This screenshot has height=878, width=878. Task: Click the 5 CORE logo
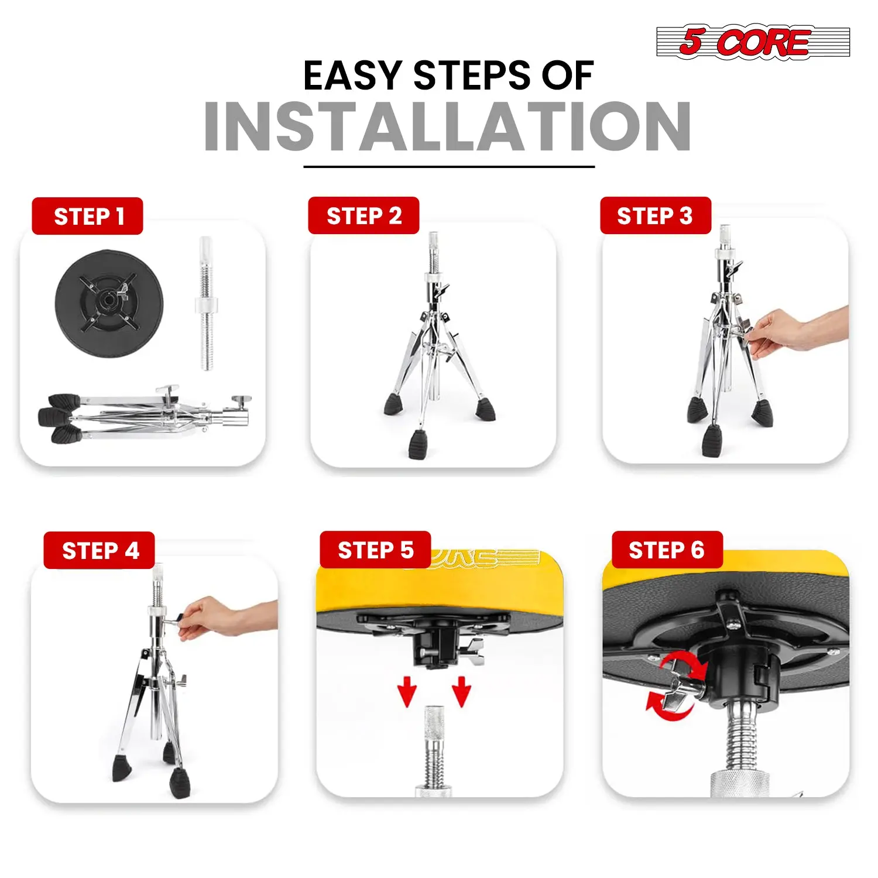[x=753, y=42]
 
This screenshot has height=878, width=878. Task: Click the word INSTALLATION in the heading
[x=448, y=126]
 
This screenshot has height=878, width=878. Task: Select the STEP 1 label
[x=87, y=216]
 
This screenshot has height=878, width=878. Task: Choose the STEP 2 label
[x=363, y=215]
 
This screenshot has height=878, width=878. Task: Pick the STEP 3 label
[x=656, y=215]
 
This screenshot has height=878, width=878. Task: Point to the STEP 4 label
[x=99, y=550]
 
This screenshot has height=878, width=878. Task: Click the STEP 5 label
[x=375, y=550]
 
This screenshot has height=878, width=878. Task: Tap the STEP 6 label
[x=667, y=550]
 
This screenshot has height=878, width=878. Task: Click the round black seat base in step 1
[x=109, y=303]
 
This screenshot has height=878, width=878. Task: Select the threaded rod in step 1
[x=206, y=303]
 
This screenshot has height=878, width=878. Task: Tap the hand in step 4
[x=222, y=618]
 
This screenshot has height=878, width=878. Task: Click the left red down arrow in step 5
[x=407, y=691]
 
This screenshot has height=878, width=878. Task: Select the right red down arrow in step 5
[x=462, y=691]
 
